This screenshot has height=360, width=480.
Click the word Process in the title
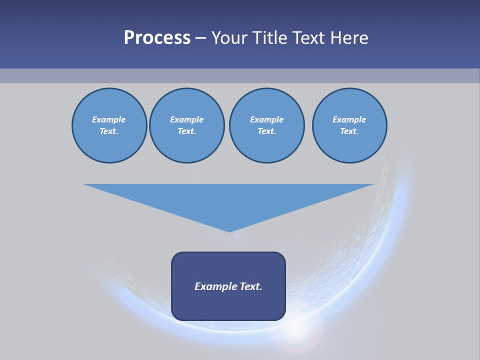click(157, 38)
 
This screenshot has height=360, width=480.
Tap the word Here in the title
click(349, 38)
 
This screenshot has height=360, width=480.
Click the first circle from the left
click(109, 125)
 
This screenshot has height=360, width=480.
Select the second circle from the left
click(187, 125)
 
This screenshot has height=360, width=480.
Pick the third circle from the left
click(266, 125)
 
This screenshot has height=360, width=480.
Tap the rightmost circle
click(349, 125)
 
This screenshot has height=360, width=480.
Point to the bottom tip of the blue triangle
click(229, 231)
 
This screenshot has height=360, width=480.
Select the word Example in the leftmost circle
click(109, 119)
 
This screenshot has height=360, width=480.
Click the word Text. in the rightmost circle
click(349, 131)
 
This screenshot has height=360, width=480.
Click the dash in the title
click(200, 38)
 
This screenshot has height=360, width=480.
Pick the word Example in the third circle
click(266, 119)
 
